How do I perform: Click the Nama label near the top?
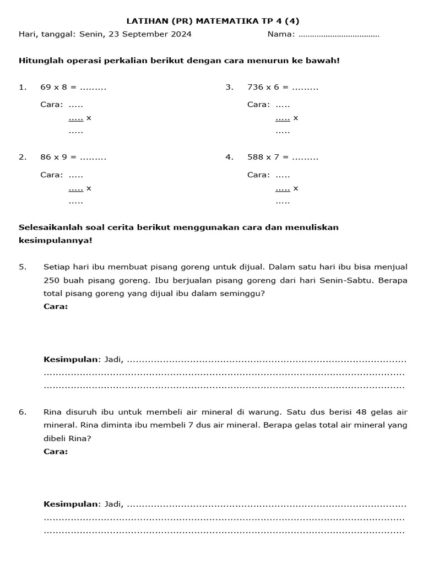[281, 34]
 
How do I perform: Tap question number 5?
[22, 267]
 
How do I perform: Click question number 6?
[22, 411]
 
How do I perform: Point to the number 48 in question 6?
[361, 411]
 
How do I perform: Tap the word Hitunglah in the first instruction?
[40, 60]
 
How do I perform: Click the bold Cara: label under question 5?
[56, 306]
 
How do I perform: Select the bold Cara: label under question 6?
[56, 451]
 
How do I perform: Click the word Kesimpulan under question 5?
[70, 360]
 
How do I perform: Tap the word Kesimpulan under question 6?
[70, 504]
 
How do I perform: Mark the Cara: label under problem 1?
[51, 105]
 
